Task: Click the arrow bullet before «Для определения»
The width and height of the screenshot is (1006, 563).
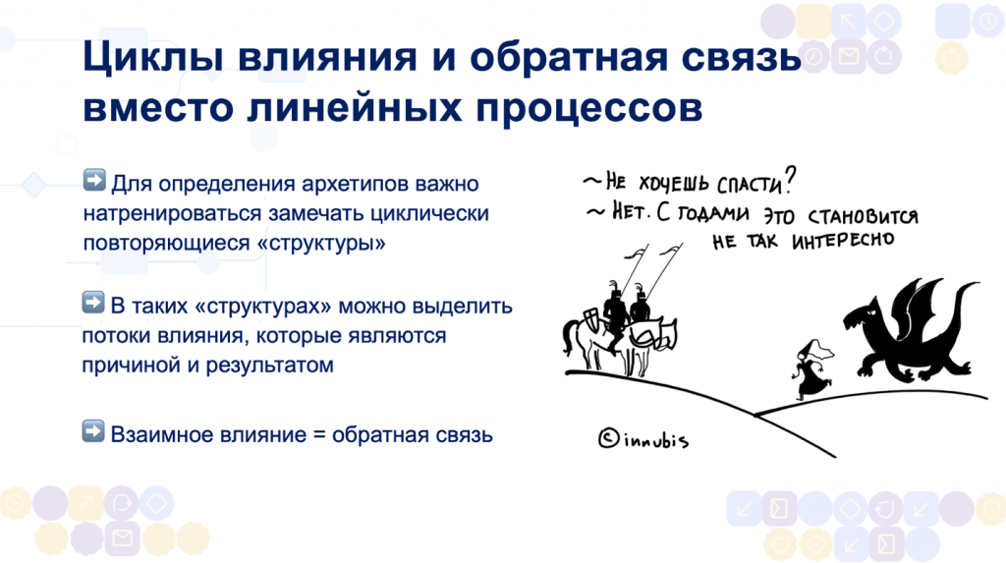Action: click(x=94, y=181)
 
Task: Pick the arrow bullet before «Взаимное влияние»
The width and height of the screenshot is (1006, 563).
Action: click(x=94, y=429)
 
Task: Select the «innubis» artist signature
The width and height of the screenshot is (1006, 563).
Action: click(x=654, y=439)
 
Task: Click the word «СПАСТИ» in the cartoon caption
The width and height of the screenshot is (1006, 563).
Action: click(x=754, y=184)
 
